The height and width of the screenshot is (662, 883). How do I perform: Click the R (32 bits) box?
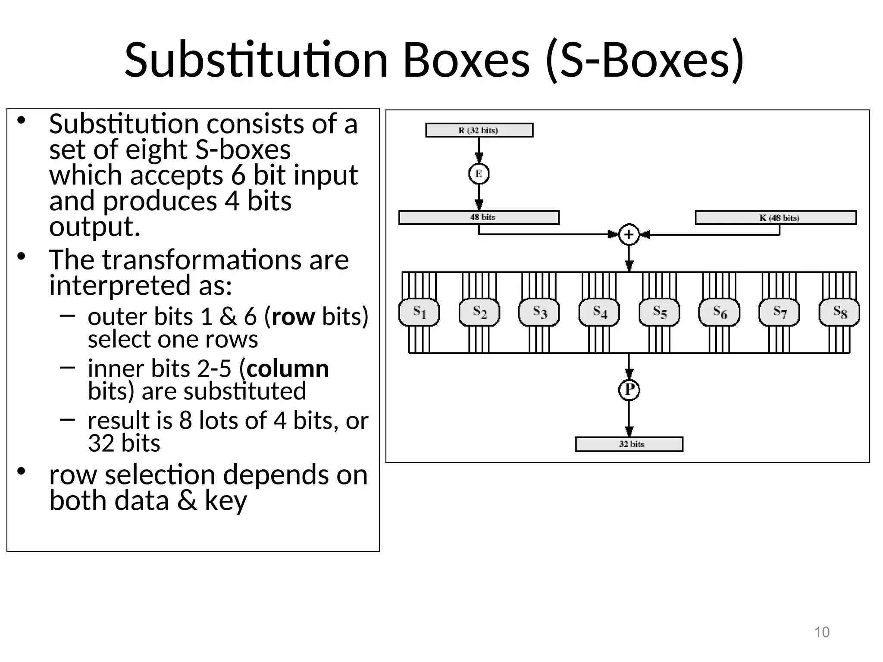tap(479, 130)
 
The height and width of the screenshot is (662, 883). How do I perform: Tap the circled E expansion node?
tap(479, 174)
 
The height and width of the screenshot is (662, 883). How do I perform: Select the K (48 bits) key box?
tap(775, 218)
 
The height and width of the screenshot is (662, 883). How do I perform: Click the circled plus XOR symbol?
tap(629, 235)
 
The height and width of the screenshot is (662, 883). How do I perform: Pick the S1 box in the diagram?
tap(419, 312)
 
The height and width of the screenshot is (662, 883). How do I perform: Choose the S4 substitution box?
tap(599, 312)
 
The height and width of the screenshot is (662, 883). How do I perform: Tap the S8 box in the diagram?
tap(839, 312)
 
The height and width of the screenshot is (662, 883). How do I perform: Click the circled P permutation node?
tap(629, 390)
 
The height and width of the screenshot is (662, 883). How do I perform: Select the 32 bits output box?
tap(629, 444)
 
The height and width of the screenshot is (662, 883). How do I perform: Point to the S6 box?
tap(719, 312)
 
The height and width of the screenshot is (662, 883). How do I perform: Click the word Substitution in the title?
tap(256, 60)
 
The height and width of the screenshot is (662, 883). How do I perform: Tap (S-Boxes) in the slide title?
tap(645, 60)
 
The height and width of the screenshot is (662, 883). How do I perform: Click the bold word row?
tap(293, 317)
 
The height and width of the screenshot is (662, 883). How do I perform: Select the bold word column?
tap(288, 369)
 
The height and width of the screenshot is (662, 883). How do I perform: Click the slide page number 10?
tap(822, 632)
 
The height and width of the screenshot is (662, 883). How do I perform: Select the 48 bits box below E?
tap(479, 218)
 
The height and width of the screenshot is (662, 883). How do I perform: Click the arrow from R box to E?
tap(479, 151)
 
